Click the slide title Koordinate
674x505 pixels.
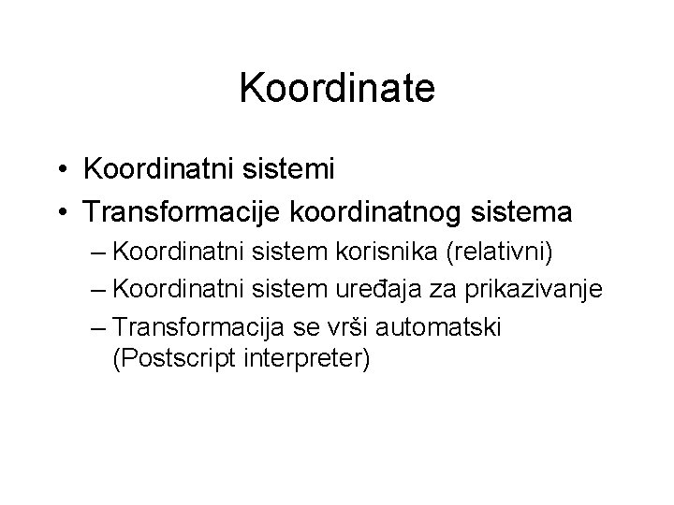pyautogui.click(x=337, y=89)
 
